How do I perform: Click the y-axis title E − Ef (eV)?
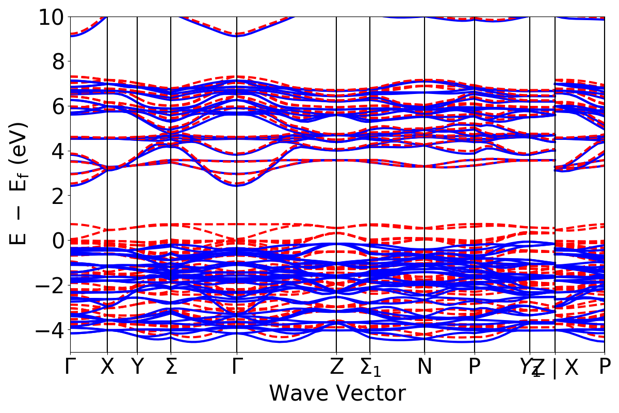[x=19, y=184]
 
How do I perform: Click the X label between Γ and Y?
[x=107, y=367]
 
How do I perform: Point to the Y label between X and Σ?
[x=137, y=367]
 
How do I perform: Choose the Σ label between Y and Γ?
[x=170, y=367]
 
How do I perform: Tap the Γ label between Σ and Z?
[x=236, y=367]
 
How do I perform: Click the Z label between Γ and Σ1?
[x=336, y=367]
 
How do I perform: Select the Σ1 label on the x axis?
[x=371, y=368]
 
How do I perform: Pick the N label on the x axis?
[x=425, y=367]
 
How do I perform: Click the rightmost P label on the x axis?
[x=604, y=367]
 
